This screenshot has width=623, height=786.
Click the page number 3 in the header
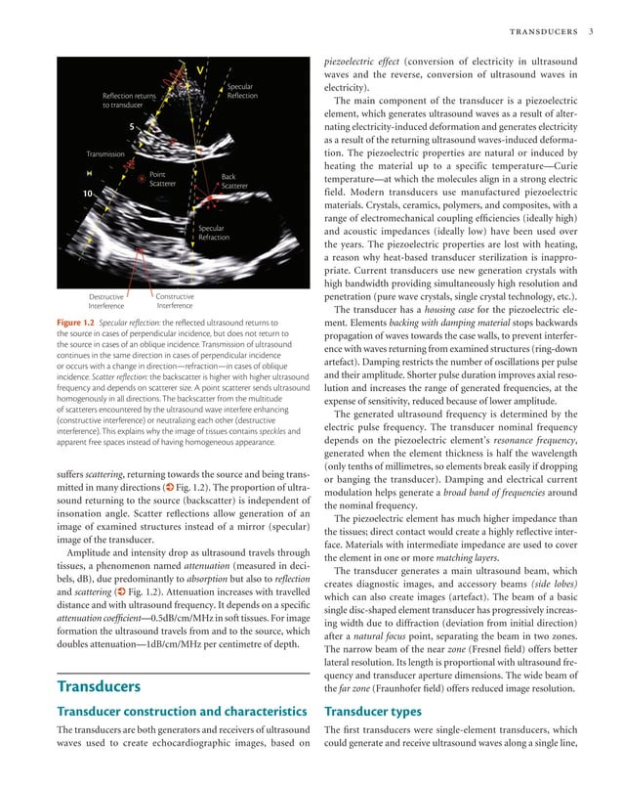593,32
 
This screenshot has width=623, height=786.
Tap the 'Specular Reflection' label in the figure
241,92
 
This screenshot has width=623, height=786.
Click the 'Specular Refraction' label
213,233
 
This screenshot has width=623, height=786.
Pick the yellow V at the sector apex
200,70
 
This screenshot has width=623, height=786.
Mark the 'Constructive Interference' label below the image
175,301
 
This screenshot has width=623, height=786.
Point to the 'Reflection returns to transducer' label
129,101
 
